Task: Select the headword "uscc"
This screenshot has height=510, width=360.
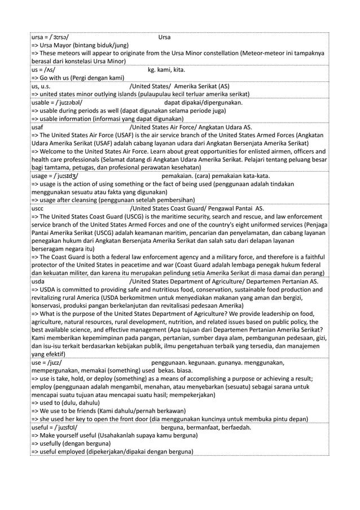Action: pyautogui.click(x=37, y=208)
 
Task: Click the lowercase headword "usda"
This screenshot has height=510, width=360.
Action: pyautogui.click(x=38, y=281)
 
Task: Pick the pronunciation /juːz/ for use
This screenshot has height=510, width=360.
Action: pyautogui.click(x=55, y=363)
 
